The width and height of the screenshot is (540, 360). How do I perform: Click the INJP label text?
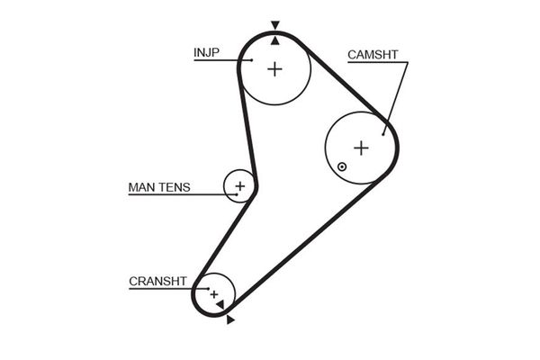click(x=207, y=51)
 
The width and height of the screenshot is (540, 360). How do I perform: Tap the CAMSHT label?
click(x=372, y=55)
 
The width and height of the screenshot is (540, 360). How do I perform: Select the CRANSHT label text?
click(x=157, y=281)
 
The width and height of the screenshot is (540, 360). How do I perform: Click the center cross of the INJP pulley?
click(x=274, y=67)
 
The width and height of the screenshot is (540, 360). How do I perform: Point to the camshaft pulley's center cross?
click(x=361, y=148)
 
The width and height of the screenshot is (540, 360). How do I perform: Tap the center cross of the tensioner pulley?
click(x=239, y=186)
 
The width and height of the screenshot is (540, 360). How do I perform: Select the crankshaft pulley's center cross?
click(x=214, y=293)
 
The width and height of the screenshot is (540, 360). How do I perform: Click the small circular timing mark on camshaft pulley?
click(x=342, y=166)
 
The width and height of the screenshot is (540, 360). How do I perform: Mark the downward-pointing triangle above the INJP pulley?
click(x=274, y=26)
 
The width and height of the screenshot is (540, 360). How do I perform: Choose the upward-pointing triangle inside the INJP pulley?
click(x=274, y=40)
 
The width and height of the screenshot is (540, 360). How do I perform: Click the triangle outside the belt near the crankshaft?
click(x=230, y=319)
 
